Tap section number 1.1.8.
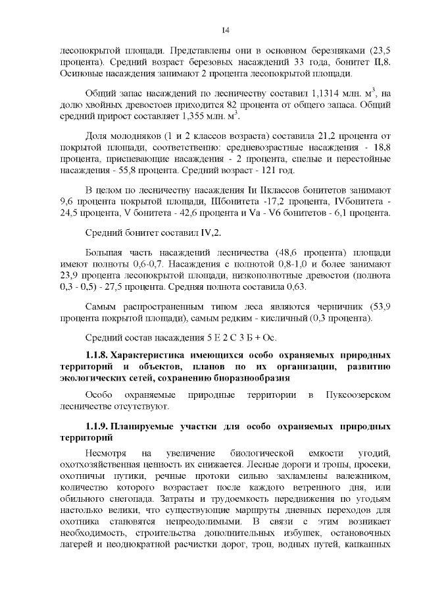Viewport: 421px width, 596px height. tap(97, 356)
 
